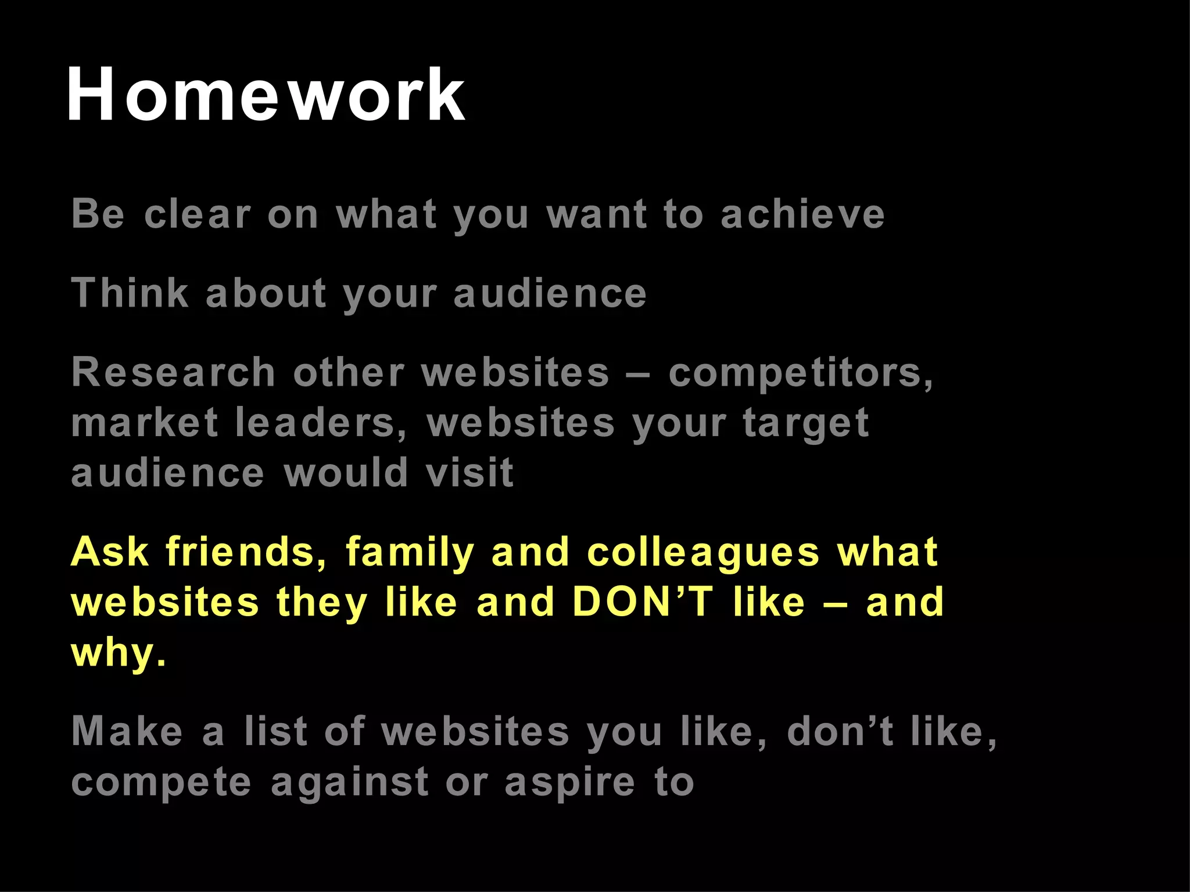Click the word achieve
click(802, 214)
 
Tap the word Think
click(130, 293)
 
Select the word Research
click(173, 372)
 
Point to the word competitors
click(800, 373)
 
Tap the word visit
click(469, 473)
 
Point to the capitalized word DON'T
click(642, 602)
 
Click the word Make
click(127, 731)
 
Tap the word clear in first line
click(198, 214)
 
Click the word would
click(346, 473)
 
